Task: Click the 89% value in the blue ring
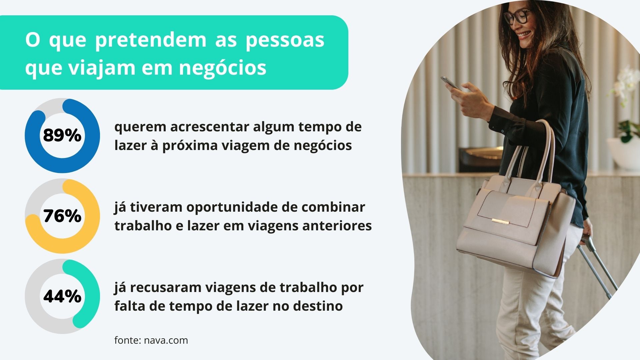point(62,135)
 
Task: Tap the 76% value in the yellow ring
point(62,216)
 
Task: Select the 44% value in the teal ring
point(62,296)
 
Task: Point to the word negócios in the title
point(222,68)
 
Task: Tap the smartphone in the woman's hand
point(450,83)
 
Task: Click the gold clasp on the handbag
point(500,222)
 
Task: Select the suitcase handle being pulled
point(597,265)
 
